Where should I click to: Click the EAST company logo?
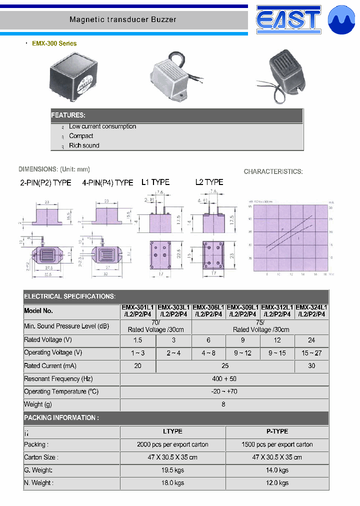(287, 19)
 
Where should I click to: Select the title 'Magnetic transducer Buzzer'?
(123, 20)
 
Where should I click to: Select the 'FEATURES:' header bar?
(177, 115)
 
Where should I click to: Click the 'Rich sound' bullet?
(84, 145)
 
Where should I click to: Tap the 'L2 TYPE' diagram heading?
(209, 182)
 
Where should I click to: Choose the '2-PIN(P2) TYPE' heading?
(45, 182)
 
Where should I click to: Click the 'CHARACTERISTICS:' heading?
(273, 171)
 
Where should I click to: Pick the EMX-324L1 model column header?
(311, 311)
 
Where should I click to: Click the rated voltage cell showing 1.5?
(138, 340)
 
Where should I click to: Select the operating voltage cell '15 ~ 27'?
(311, 353)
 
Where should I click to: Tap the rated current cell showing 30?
(311, 366)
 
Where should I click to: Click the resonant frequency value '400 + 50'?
(224, 379)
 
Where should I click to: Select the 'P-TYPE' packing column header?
(277, 431)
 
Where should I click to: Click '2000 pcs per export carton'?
(172, 444)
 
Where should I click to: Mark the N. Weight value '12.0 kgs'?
(277, 483)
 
